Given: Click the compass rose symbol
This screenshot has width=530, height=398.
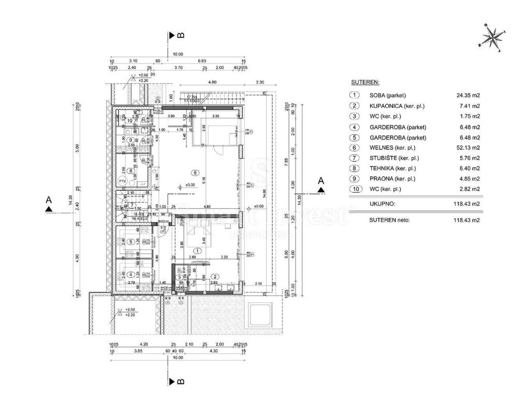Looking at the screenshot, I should coord(493,38).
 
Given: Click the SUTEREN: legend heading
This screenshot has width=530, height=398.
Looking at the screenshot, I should coord(365,82).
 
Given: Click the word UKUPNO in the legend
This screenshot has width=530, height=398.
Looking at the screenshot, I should coord(383,204).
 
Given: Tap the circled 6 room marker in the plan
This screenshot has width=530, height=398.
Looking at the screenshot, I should coord(195,173).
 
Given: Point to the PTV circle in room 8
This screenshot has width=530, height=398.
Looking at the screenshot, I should coord(123,181).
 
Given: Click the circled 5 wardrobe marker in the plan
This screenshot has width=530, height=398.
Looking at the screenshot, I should coord(131,241).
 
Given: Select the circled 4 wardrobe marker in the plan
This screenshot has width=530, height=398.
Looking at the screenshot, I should coord(131,275).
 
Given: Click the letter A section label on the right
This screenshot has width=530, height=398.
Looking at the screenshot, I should coord(320,180).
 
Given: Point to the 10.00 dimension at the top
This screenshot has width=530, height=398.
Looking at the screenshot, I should coord(178,53).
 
